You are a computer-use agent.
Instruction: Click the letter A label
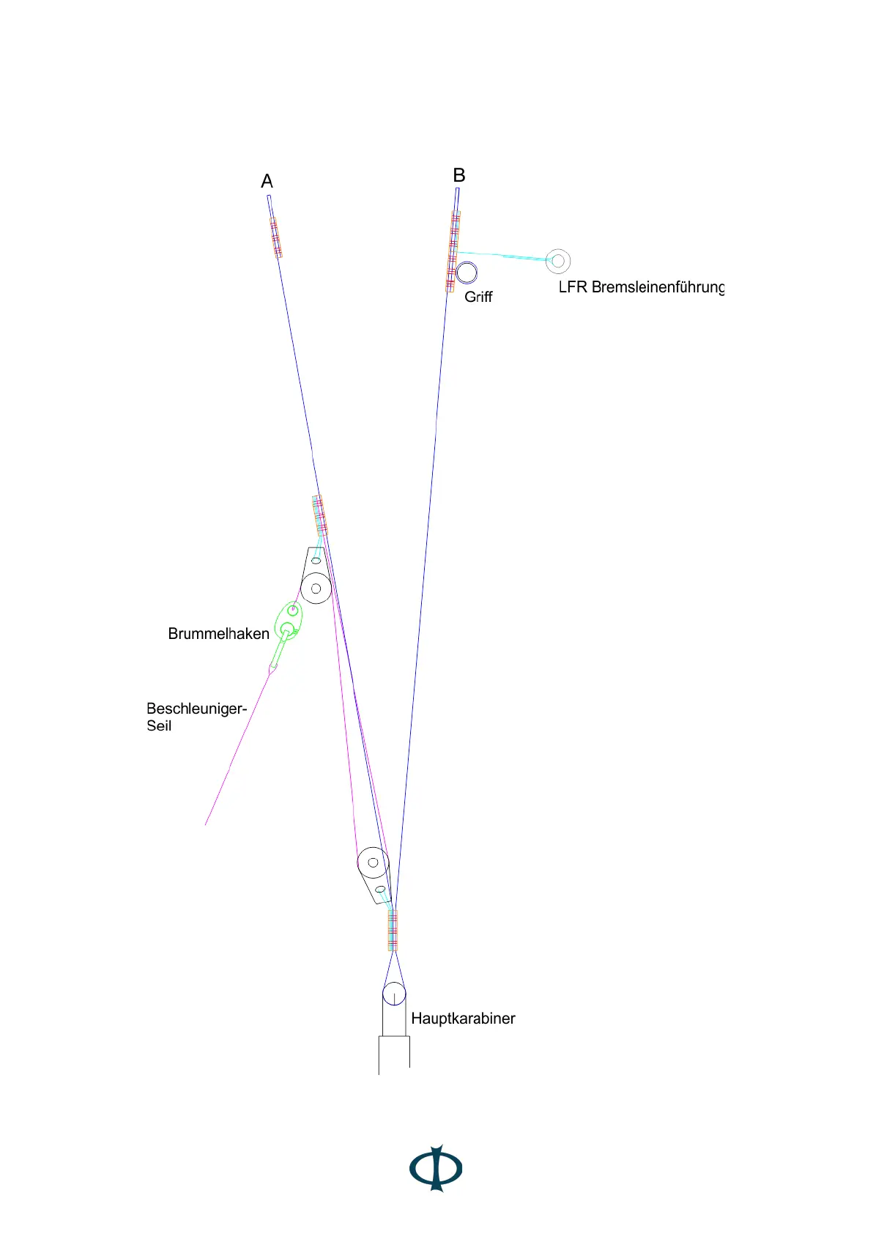(267, 181)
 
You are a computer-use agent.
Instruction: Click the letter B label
(459, 175)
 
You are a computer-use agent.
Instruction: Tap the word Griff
(478, 297)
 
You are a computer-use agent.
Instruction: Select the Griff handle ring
(467, 273)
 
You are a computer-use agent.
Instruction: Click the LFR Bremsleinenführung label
(641, 287)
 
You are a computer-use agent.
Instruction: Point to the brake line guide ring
(558, 261)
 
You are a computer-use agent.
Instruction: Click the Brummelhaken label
(218, 634)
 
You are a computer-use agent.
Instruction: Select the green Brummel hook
(288, 622)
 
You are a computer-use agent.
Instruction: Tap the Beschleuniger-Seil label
(196, 717)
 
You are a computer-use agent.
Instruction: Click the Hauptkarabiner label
(463, 1019)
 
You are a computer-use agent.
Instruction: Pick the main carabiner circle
(394, 994)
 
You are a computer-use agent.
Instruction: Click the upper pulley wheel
(316, 588)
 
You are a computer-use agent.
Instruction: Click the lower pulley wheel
(373, 862)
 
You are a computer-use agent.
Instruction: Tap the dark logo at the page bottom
(436, 1168)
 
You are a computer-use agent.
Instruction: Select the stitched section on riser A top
(275, 237)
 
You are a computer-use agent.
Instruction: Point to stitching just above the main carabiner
(393, 930)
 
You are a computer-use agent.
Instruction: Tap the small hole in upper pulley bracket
(316, 561)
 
